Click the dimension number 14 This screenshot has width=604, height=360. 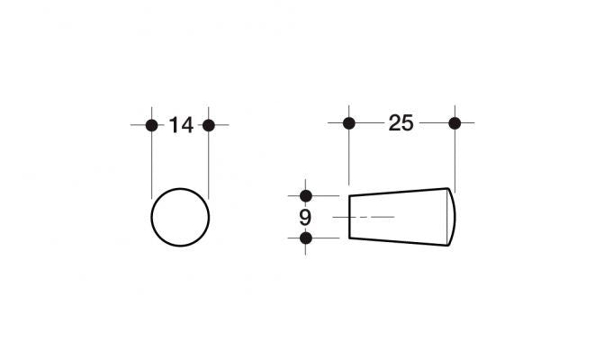181,125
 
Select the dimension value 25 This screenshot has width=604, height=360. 401,123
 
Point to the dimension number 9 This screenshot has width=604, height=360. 305,218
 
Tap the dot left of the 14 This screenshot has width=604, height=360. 152,125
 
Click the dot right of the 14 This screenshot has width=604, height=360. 209,125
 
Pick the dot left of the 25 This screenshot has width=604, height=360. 349,123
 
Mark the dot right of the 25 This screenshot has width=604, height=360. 455,123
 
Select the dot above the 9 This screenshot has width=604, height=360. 306,196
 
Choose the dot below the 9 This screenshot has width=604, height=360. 306,238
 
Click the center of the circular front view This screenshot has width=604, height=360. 180,217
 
